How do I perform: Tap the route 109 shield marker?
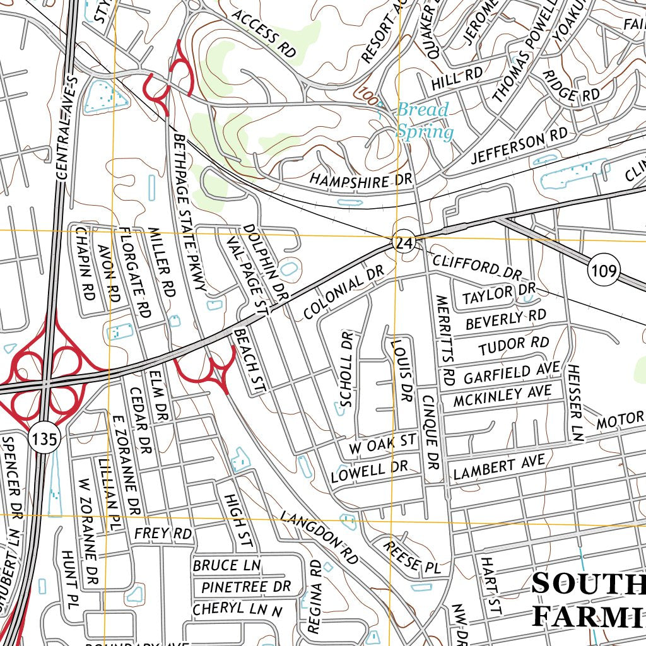coord(602,271)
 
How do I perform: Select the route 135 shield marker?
coord(44,438)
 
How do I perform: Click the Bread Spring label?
coord(424,120)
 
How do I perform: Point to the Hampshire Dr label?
coord(360,180)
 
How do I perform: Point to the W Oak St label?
coord(383,443)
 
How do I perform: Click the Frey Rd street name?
coord(163,533)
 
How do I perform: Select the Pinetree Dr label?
coord(247,587)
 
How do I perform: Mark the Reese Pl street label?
coord(411,556)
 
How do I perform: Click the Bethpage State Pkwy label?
coord(191,212)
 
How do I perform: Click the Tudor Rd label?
coord(513,345)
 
